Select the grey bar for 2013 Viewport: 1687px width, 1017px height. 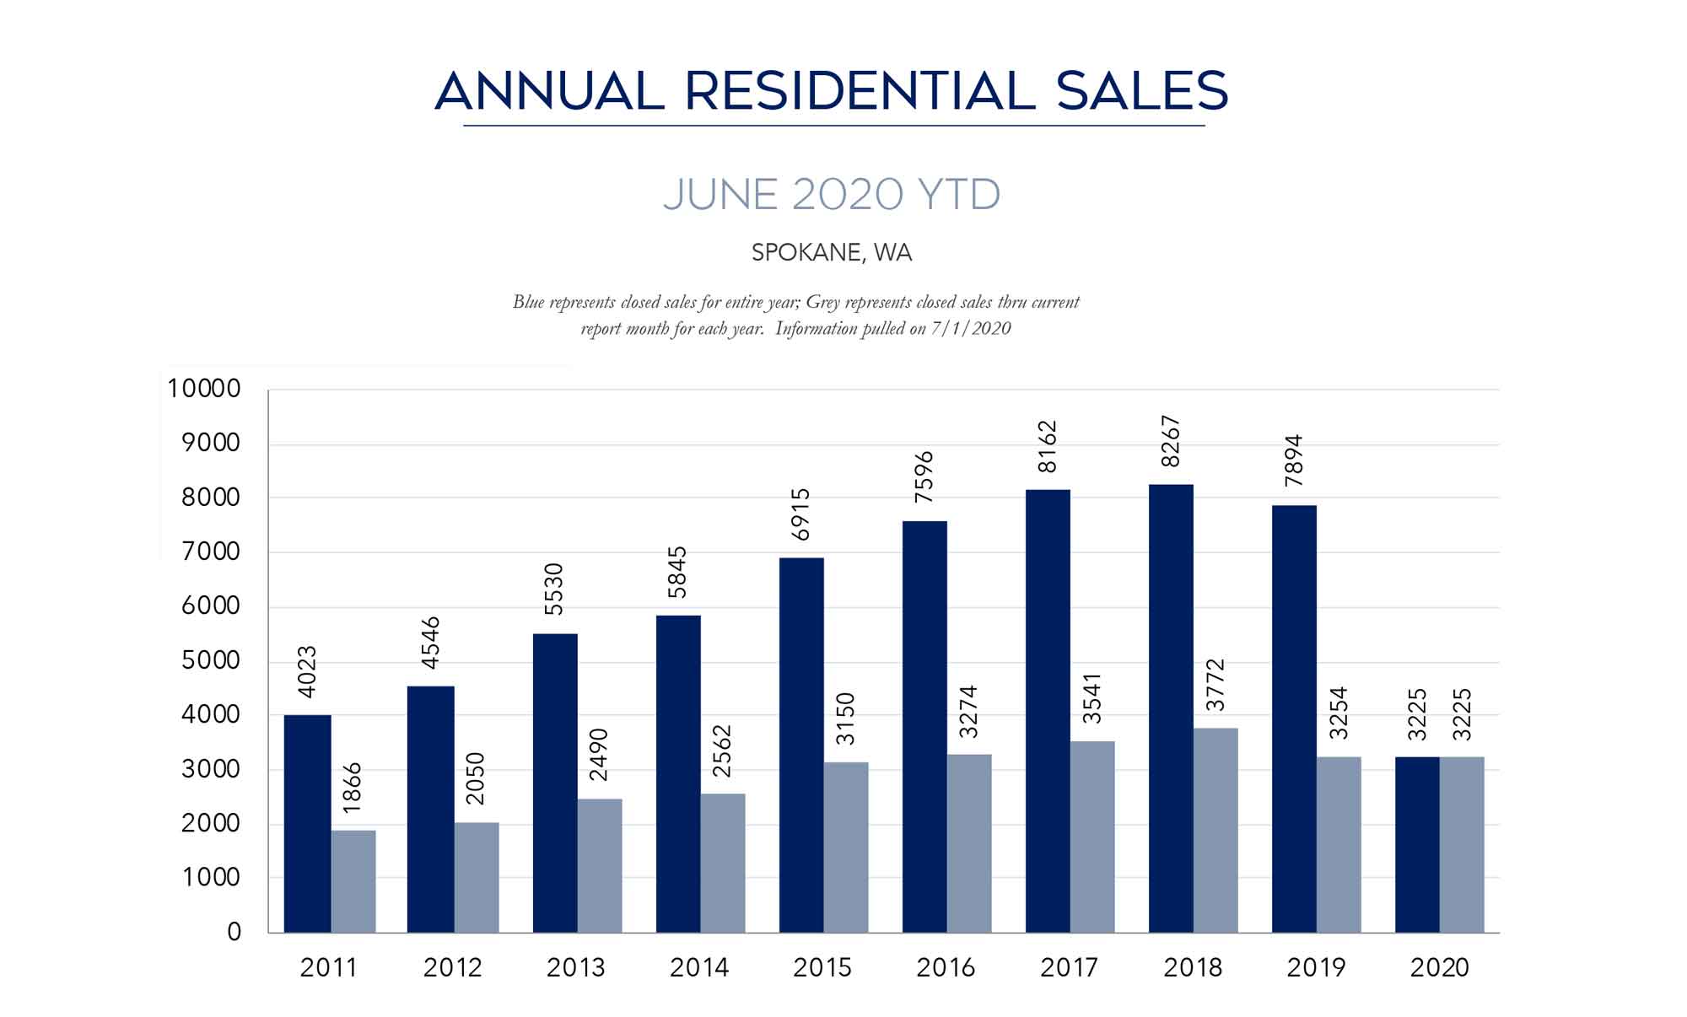click(599, 865)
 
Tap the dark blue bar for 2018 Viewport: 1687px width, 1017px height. click(1171, 708)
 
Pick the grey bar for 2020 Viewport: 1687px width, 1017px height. click(1462, 844)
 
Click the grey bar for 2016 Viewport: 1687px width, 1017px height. click(969, 843)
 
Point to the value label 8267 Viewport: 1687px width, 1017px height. click(1171, 441)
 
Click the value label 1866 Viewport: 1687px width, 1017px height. click(353, 787)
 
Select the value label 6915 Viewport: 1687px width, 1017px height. click(800, 514)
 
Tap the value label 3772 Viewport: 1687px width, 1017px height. click(1215, 685)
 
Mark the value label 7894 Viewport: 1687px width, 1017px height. click(1294, 460)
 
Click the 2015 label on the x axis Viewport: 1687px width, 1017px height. click(822, 967)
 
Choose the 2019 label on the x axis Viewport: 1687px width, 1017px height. click(1316, 967)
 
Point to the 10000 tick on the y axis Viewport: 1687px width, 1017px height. click(204, 389)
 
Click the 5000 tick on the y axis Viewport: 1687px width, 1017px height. click(211, 660)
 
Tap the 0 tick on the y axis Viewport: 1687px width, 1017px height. click(234, 932)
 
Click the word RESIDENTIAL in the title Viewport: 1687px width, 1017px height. click(860, 91)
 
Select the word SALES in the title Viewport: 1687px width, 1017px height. click(1142, 91)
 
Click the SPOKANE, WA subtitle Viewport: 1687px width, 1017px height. click(832, 252)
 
